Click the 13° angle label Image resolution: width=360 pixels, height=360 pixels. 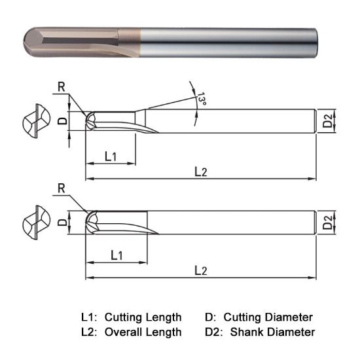coord(200,98)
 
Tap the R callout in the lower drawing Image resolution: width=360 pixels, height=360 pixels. coord(61,189)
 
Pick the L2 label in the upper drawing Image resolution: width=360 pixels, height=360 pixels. coord(201,171)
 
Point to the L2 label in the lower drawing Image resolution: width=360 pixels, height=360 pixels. coord(201,270)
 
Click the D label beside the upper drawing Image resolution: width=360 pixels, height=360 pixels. coord(62,120)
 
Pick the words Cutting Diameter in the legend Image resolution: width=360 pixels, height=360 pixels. coord(268,317)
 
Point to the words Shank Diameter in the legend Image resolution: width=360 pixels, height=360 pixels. coord(272,332)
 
